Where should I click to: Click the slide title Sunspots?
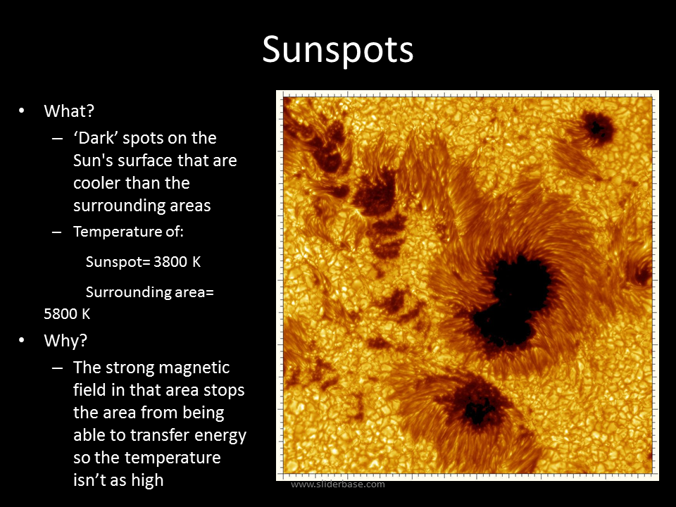click(337, 50)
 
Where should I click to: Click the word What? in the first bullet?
click(69, 111)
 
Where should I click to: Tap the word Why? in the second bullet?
click(65, 341)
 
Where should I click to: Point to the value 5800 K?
click(67, 314)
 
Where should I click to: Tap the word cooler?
click(96, 183)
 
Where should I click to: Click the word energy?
click(220, 436)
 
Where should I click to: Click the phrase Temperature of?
click(128, 232)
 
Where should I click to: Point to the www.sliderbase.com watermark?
click(338, 484)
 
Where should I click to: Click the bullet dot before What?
click(22, 111)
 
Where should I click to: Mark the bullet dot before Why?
click(22, 341)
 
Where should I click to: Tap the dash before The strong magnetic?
click(57, 368)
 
